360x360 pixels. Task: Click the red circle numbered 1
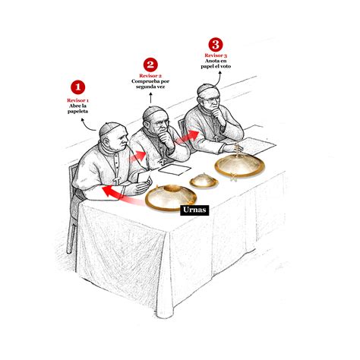78,87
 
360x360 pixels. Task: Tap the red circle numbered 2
150,65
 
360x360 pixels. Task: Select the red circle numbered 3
216,45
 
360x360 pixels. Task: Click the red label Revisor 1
77,99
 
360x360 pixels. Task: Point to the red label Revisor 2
150,77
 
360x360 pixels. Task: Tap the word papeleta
77,112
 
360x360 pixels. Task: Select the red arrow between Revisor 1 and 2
137,156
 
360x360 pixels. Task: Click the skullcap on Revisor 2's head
155,111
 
